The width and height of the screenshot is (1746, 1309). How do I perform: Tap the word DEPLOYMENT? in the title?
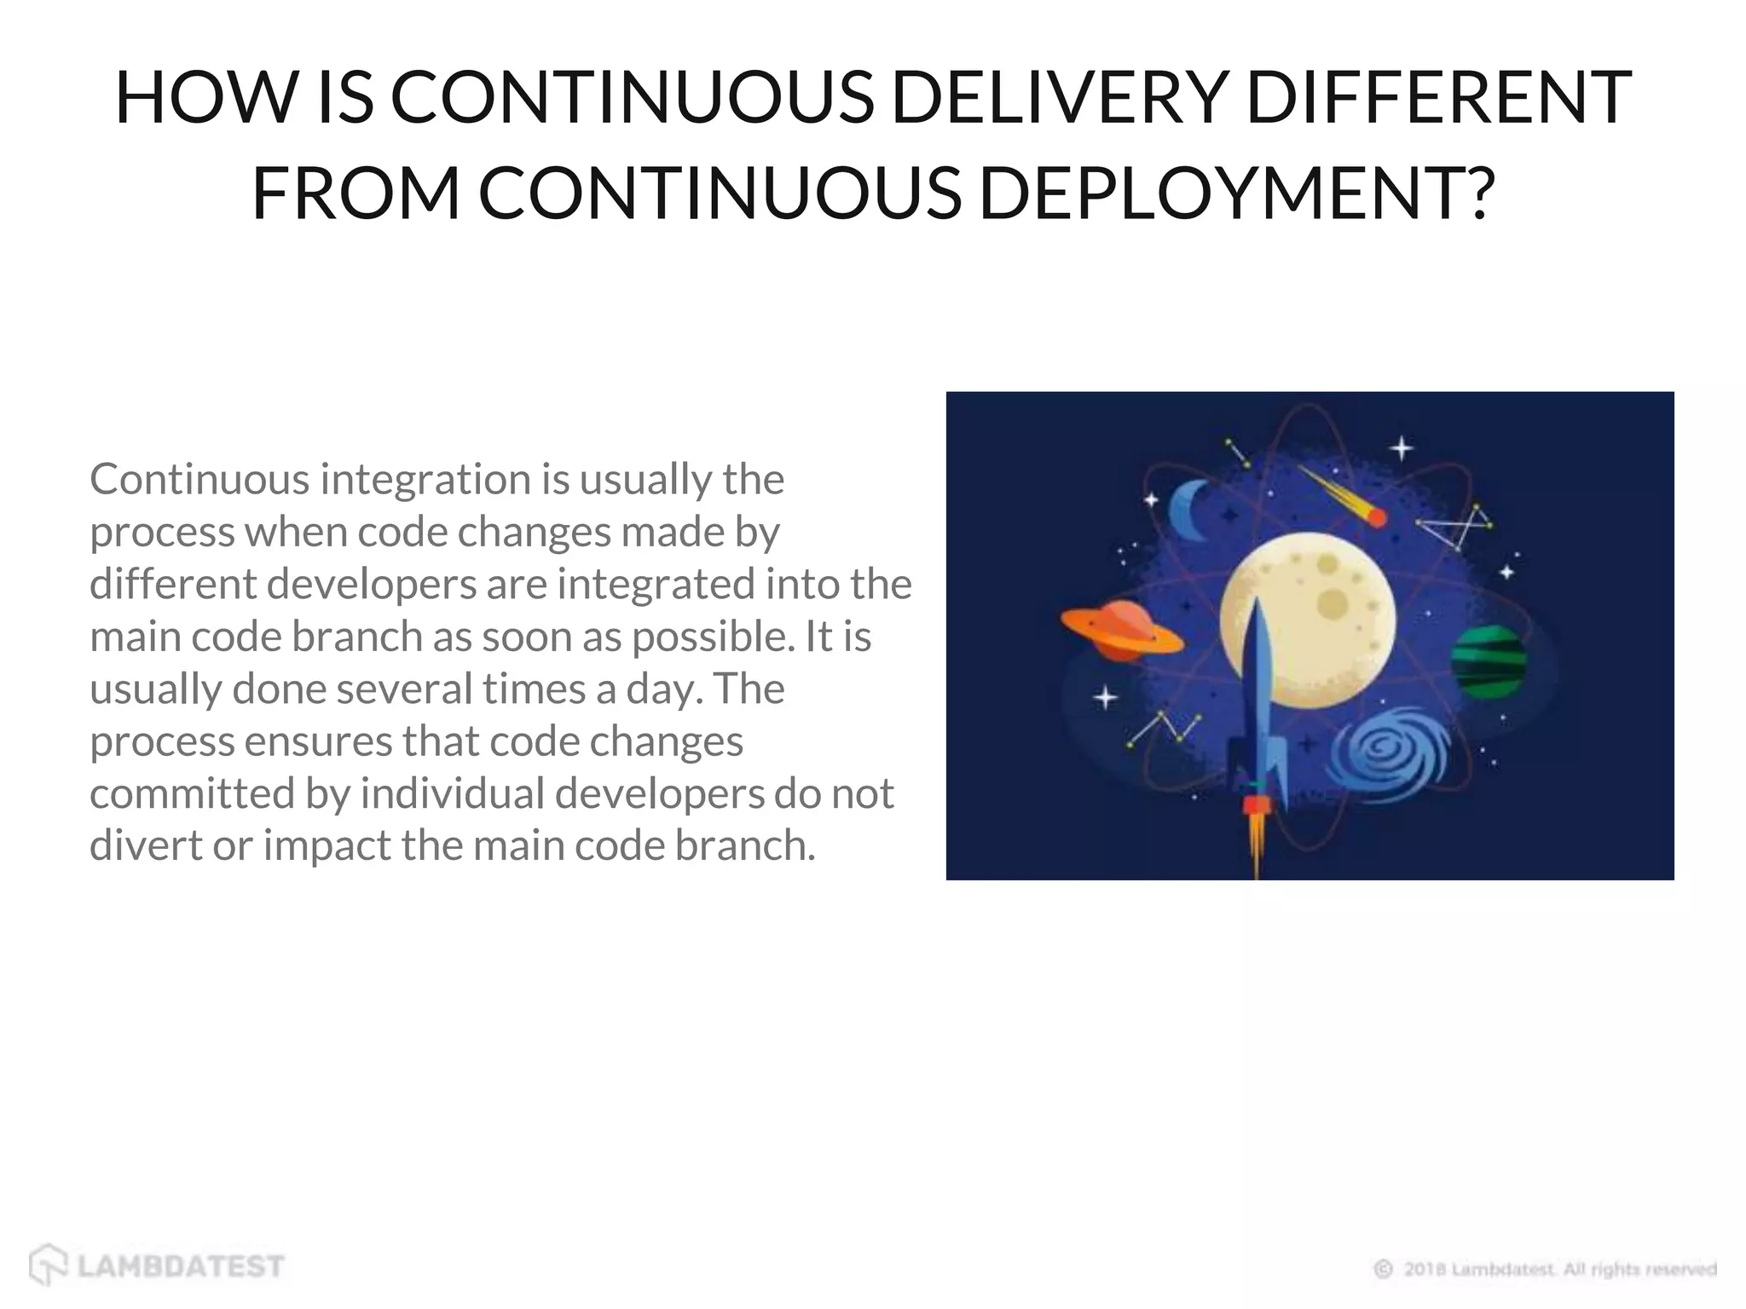tap(1237, 193)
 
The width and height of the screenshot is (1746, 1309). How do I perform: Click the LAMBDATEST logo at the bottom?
tap(157, 1265)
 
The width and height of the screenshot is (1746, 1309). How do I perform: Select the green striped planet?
tap(1489, 661)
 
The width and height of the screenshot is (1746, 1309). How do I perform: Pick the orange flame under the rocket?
tap(1256, 839)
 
